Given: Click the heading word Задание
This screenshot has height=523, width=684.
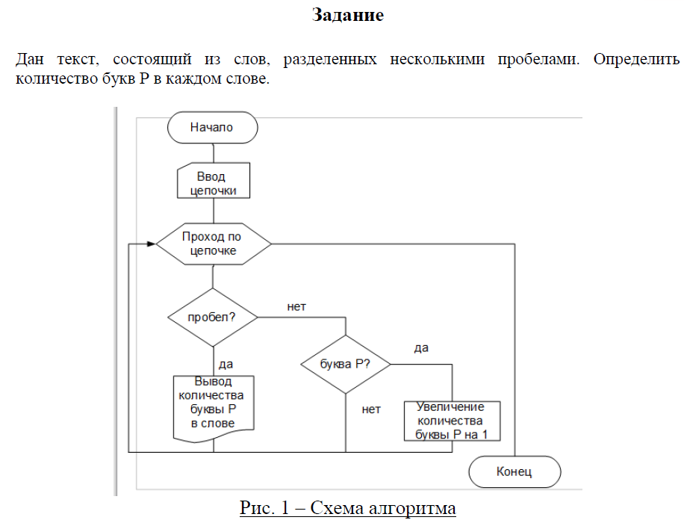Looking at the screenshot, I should pyautogui.click(x=347, y=15).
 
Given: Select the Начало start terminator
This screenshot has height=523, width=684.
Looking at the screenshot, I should pyautogui.click(x=213, y=128).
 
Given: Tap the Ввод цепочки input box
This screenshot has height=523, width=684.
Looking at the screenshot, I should pyautogui.click(x=213, y=183).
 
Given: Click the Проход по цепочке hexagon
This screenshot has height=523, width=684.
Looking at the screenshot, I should pyautogui.click(x=213, y=244).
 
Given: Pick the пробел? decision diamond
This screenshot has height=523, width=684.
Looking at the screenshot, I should pyautogui.click(x=213, y=317).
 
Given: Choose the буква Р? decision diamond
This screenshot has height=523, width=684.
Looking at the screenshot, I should pyautogui.click(x=345, y=364).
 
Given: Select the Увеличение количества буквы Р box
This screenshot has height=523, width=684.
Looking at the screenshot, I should pyautogui.click(x=452, y=421).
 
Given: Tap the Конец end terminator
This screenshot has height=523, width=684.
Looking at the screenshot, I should pyautogui.click(x=514, y=471).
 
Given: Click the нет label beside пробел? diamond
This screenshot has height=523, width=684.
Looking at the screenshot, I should pyautogui.click(x=296, y=306).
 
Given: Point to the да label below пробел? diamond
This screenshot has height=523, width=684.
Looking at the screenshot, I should pyautogui.click(x=226, y=364).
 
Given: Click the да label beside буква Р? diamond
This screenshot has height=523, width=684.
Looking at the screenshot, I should pyautogui.click(x=421, y=348).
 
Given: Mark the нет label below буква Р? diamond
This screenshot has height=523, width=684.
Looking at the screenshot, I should pyautogui.click(x=371, y=409).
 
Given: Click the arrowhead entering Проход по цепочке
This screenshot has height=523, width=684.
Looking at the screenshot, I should pyautogui.click(x=152, y=244).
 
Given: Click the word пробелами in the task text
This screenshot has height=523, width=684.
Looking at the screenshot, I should pyautogui.click(x=538, y=58).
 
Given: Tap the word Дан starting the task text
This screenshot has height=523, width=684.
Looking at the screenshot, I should pyautogui.click(x=30, y=58).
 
